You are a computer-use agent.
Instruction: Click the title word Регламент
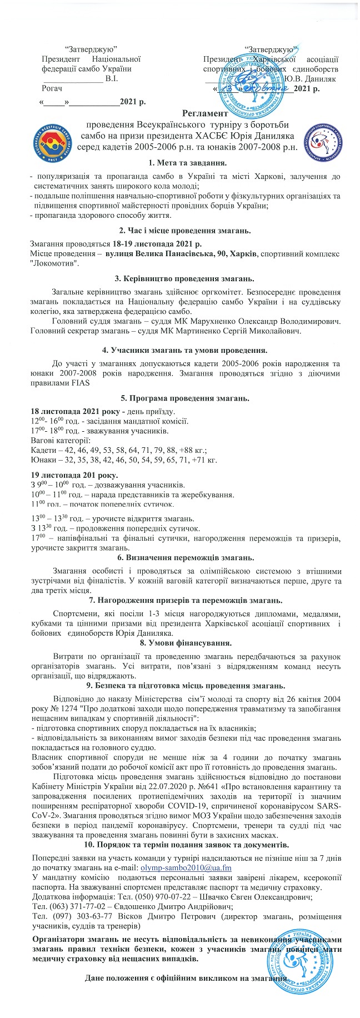tap(205, 113)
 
